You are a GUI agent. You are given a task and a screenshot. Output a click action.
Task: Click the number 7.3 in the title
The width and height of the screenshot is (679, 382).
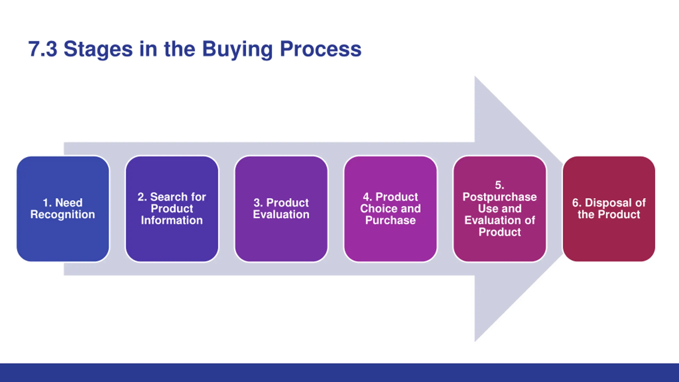(x=43, y=49)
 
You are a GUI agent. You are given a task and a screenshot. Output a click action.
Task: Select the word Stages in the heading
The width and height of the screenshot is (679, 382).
(x=98, y=50)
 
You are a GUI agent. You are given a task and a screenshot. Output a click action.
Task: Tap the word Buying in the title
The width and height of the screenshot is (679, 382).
(x=237, y=50)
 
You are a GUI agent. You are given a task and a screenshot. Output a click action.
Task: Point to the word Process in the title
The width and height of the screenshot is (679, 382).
(x=321, y=50)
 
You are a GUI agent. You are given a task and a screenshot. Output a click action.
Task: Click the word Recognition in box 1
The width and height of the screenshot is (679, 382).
(x=63, y=215)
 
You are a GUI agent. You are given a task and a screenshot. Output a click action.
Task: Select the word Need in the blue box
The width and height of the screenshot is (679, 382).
(x=69, y=203)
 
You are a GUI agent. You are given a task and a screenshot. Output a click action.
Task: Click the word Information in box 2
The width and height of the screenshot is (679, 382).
(x=172, y=220)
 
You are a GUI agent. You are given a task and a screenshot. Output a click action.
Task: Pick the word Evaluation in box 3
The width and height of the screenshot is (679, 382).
(x=281, y=215)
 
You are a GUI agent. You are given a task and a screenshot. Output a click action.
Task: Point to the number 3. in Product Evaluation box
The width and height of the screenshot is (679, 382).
(x=258, y=203)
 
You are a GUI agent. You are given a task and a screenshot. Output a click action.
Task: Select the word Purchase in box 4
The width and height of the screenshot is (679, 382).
(x=390, y=220)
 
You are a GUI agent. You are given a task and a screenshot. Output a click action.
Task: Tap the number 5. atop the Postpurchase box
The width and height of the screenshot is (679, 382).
(x=499, y=185)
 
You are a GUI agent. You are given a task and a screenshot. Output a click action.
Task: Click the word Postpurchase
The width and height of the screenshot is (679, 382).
(x=500, y=197)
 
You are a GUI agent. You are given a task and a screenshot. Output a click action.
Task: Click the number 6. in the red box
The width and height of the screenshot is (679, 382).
(x=577, y=203)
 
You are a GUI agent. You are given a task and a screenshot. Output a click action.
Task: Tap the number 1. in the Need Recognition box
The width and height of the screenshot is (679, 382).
(x=47, y=203)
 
